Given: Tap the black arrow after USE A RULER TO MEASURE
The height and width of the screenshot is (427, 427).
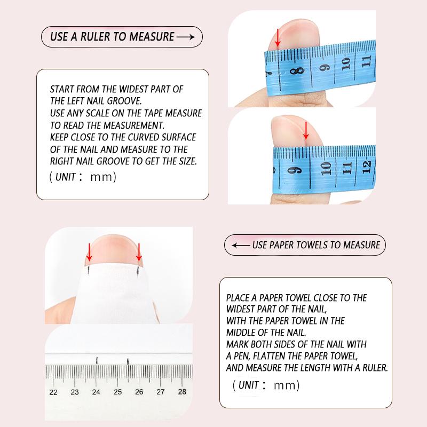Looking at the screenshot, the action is coord(186,37).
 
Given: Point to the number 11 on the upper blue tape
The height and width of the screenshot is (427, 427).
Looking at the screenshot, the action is coord(366,61).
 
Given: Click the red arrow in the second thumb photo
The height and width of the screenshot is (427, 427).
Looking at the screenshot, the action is coord(306,130).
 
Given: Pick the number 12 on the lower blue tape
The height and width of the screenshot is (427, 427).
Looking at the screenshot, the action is coord(366,167).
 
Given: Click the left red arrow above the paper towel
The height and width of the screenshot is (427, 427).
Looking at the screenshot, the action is coord(89,252).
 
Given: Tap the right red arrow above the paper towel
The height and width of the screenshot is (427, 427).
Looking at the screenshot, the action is coord(139,252).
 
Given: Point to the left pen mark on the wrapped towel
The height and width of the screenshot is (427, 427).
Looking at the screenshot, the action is coord(89,270).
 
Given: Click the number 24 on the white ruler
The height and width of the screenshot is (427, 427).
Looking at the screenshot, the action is coord(96,392).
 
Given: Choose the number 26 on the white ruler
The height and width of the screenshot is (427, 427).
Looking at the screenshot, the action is coord(139,392).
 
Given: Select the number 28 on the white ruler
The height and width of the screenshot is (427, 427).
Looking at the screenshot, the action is coord(182,392).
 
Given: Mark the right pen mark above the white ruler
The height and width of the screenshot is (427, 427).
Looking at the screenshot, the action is coord(128,362).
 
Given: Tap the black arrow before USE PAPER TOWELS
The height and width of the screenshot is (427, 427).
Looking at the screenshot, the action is coord(241,246).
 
